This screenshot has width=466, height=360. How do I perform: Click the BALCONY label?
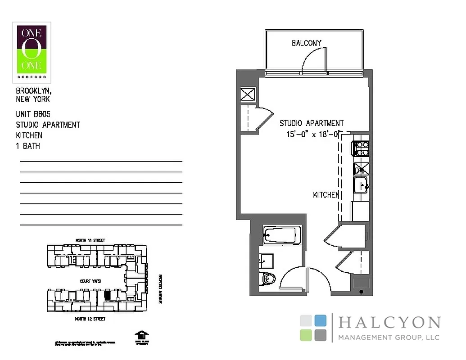coord(307,43)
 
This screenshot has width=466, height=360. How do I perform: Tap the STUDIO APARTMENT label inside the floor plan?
coord(312,123)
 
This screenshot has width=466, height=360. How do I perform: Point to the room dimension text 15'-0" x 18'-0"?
coord(313,134)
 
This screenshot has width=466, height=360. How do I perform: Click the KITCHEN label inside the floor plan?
coord(326,195)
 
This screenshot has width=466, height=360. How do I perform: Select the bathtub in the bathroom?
coord(280,235)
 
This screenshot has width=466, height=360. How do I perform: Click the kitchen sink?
coord(361,185)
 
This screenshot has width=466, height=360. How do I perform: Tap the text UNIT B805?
coord(33,115)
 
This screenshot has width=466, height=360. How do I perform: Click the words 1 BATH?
coord(28,146)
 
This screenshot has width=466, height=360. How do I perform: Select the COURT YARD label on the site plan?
coord(90,281)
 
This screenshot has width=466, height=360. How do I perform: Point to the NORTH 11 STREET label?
coord(90,241)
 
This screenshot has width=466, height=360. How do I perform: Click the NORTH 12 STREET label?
coord(90,319)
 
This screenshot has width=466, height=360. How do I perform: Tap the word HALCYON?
coord(389,323)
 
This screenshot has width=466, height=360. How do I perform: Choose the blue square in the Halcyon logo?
coord(321,320)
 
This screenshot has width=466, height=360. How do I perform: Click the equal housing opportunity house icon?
coord(141,336)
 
